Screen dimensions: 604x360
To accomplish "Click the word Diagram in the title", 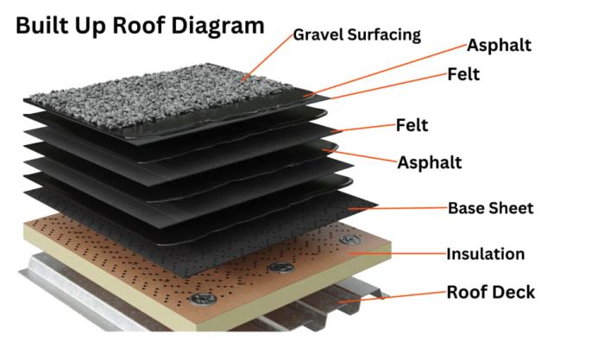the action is tap(217, 25).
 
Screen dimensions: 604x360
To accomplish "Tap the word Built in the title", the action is tap(41, 25).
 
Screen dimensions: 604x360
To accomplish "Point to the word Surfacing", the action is tap(384, 35).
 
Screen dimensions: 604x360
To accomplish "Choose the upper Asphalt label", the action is tap(499, 46).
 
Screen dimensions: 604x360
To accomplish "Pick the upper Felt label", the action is tap(463, 74).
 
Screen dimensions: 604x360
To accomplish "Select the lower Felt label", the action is tap(412, 125).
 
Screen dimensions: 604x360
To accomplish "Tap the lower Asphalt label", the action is tap(430, 162).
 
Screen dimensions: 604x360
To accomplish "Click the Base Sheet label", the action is tap(491, 208).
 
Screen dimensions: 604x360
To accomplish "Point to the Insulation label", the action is tap(485, 254).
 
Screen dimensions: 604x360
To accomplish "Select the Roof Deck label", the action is tap(491, 292).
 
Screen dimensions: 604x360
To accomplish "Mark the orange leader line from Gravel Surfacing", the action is tap(267, 58).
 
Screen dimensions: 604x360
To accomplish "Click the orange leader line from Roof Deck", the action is tap(392, 297).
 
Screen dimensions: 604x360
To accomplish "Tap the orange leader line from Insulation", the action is tap(397, 254).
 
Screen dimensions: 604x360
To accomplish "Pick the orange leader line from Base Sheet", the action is tap(399, 208).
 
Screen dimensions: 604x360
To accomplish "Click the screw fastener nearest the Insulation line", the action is tap(350, 240).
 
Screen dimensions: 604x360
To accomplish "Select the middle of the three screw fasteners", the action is tap(281, 267).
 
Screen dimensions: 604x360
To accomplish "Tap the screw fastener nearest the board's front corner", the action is tap(204, 299).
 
